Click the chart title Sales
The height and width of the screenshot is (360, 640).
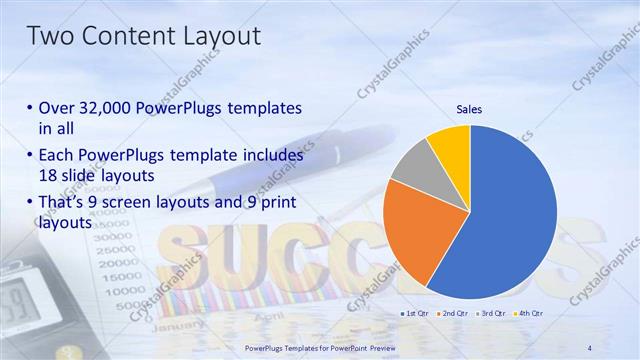(470, 108)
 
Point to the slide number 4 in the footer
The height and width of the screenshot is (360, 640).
(590, 347)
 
